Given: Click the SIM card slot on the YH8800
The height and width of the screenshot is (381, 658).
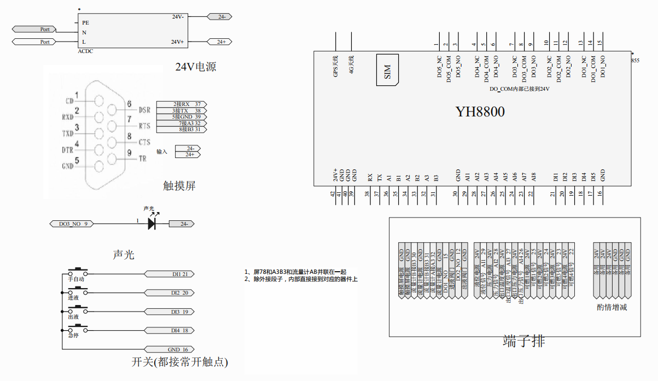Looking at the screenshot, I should pyautogui.click(x=387, y=69).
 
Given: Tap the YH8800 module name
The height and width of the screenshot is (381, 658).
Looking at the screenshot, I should pyautogui.click(x=480, y=112).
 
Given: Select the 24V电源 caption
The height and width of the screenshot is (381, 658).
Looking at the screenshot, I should pyautogui.click(x=195, y=67).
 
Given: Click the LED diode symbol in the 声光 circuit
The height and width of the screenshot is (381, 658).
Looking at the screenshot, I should pyautogui.click(x=152, y=224).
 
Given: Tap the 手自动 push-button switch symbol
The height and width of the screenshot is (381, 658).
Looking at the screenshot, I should pyautogui.click(x=77, y=272).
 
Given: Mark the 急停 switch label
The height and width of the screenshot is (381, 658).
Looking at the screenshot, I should pyautogui.click(x=74, y=336).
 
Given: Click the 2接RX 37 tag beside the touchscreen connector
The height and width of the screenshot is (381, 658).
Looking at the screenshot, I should pyautogui.click(x=182, y=104).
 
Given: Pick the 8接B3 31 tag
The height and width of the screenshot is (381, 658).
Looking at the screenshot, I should pyautogui.click(x=182, y=130).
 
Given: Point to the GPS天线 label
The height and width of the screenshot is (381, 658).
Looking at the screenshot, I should pyautogui.click(x=336, y=65).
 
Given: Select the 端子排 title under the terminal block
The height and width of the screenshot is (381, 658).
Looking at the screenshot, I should pyautogui.click(x=523, y=342).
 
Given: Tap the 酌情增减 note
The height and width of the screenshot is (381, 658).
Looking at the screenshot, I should pyautogui.click(x=612, y=307).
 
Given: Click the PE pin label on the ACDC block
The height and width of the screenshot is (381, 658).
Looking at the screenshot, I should pyautogui.click(x=85, y=23).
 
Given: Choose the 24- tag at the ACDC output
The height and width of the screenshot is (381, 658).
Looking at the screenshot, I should pyautogui.click(x=222, y=17).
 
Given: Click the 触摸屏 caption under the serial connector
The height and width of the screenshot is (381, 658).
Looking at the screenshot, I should pyautogui.click(x=179, y=186).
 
